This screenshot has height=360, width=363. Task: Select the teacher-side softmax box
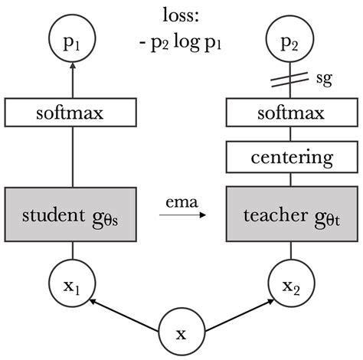(290, 114)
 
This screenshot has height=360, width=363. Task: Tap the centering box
(290, 158)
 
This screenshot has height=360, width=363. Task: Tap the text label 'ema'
(181, 202)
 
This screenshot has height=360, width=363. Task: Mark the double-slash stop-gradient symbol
(290, 78)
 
